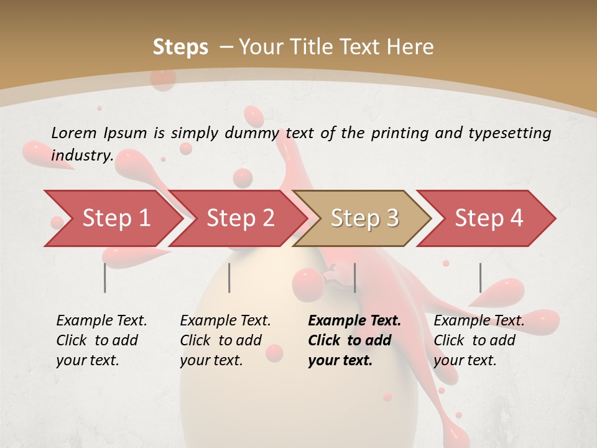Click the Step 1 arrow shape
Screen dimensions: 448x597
click(116, 218)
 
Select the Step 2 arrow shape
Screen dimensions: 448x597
click(240, 218)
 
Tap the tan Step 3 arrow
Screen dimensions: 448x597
click(364, 218)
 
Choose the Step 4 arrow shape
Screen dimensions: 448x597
click(489, 218)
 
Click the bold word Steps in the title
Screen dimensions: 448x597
click(180, 47)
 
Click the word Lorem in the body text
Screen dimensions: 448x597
click(74, 133)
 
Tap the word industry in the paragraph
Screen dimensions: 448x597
click(81, 156)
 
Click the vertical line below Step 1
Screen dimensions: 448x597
click(105, 278)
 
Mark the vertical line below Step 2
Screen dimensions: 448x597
click(229, 278)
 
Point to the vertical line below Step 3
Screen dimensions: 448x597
click(354, 278)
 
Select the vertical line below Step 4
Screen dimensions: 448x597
click(480, 278)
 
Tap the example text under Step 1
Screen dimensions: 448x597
click(101, 340)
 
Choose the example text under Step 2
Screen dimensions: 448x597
click(225, 340)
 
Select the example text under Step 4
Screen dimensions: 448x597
click(479, 340)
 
